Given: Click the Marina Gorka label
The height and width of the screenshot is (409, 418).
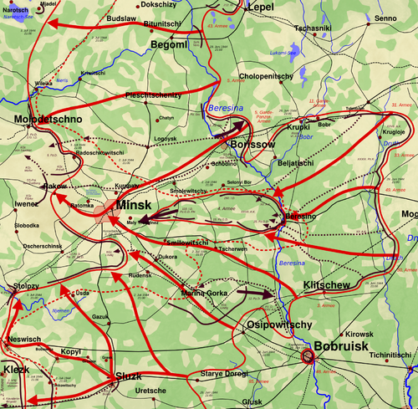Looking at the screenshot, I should (204, 292).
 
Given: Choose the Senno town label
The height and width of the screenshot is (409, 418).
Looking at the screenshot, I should (385, 18).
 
